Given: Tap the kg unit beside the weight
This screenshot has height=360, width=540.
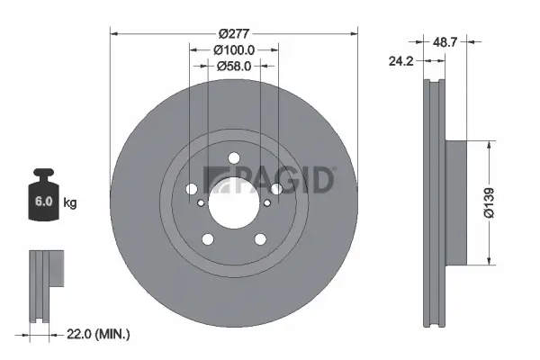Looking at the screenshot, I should pyautogui.click(x=70, y=202).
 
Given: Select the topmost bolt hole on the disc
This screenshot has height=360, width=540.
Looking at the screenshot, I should pyautogui.click(x=234, y=159).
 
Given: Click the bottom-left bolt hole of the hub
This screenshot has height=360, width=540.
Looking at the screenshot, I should pyautogui.click(x=209, y=238).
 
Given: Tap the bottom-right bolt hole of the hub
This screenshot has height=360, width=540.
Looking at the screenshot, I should pyautogui.click(x=260, y=238).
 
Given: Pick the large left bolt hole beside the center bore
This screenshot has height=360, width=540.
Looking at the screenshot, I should pyautogui.click(x=191, y=189).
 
